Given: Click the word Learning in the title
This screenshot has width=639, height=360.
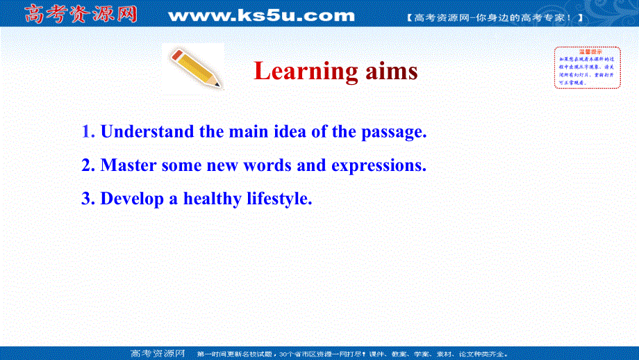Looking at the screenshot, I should (305, 71).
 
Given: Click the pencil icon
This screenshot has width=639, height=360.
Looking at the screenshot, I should (195, 68).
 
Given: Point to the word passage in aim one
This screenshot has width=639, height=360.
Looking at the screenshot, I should (391, 131).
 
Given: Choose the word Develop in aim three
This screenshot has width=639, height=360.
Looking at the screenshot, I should (132, 199).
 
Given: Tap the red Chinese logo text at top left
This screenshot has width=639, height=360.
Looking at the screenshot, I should (81, 14).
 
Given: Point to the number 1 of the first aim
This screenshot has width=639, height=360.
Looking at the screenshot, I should (86, 131).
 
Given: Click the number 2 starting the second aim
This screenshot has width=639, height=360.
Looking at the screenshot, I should (86, 165).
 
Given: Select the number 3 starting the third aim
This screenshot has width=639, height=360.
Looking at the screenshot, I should (86, 199).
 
